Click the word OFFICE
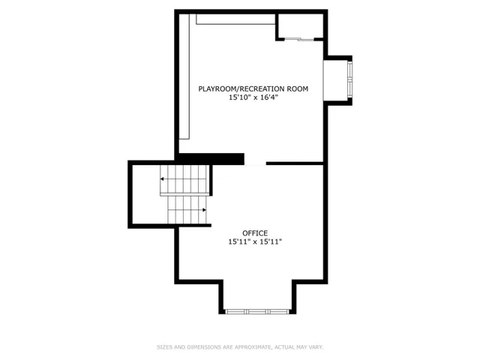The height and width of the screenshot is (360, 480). tap(255, 233)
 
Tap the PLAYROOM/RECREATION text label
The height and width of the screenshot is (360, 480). tap(241, 89)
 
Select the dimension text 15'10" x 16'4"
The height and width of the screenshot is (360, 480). tap(253, 97)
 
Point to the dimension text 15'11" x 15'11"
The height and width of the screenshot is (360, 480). tap(255, 241)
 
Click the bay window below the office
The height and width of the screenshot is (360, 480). tap(257, 312)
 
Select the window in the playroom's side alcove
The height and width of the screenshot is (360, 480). tap(350, 80)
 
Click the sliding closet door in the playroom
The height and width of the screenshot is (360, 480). tap(299, 39)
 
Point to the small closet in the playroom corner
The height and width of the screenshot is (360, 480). tap(301, 25)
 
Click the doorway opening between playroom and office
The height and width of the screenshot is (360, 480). tap(255, 164)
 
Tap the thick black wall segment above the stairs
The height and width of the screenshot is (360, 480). tap(211, 159)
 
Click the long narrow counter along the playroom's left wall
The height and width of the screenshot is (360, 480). tap(184, 76)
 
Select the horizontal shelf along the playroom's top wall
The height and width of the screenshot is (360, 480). tap(235, 19)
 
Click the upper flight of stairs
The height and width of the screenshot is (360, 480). tap(184, 179)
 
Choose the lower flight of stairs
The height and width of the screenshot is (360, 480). tap(187, 210)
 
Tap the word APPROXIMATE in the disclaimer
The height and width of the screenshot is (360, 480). tap(252, 347)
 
